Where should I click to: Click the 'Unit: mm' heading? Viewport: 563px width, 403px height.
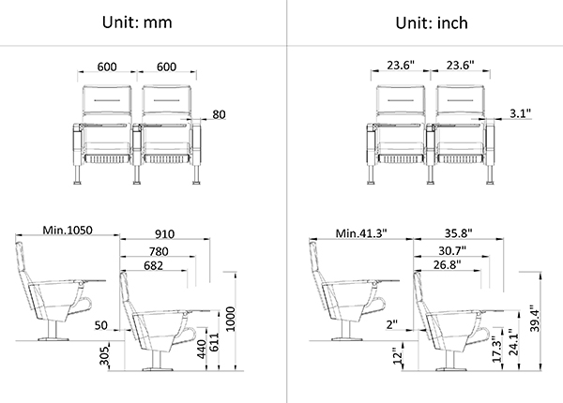pos(137,22)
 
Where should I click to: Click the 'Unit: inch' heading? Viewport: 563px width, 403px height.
pos(432,22)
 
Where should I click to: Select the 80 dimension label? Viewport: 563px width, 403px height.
pos(219,114)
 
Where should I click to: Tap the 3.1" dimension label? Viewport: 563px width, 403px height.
pos(520,113)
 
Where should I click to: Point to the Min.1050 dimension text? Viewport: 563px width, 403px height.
pos(68,231)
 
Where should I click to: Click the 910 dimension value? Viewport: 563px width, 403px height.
pos(165,234)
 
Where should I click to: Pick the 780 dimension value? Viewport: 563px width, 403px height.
pos(159,251)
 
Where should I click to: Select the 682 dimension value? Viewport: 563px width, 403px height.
pos(153,265)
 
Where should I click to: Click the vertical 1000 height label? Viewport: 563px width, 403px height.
pos(231,319)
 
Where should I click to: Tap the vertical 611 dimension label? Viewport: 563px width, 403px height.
pos(214,342)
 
